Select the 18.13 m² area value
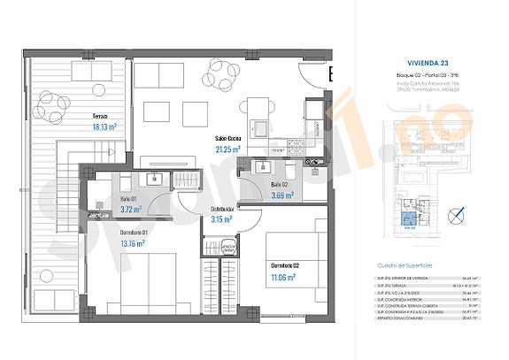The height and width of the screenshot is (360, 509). coord(105,127)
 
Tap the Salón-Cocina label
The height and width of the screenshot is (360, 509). coord(229,140)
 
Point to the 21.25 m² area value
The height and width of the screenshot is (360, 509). coord(229,150)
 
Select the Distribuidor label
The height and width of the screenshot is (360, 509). coord(221,209)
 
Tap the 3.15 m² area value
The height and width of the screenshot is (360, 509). coord(221,219)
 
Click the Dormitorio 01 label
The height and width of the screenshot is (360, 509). coord(135,232)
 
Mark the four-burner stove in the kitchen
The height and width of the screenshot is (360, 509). coord(293,145)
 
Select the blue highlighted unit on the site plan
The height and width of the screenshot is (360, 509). coord(408,219)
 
